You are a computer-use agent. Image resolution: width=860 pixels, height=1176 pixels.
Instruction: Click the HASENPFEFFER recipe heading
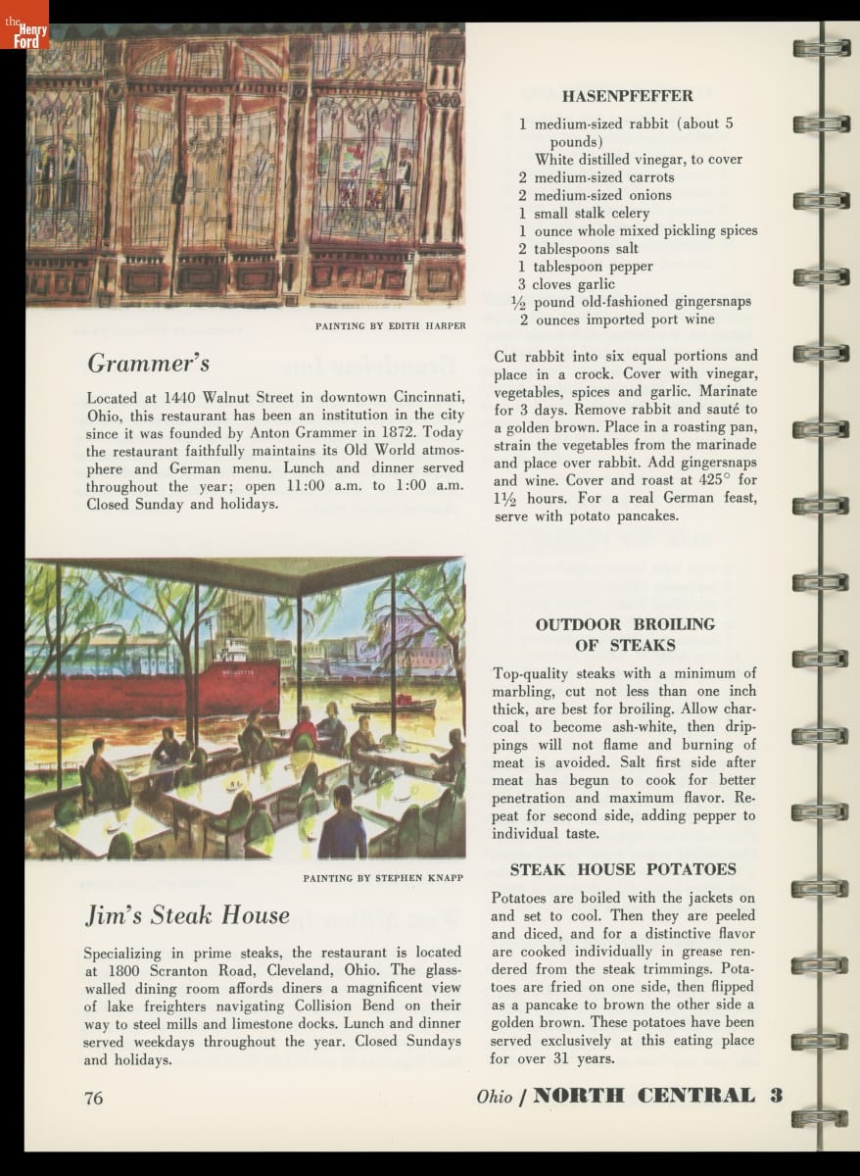click(x=627, y=96)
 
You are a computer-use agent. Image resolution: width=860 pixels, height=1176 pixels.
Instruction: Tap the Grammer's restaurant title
click(x=148, y=364)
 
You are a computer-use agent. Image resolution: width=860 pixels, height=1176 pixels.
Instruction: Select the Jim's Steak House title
click(x=186, y=915)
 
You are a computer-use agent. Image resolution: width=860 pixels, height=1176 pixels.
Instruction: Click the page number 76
click(x=94, y=1098)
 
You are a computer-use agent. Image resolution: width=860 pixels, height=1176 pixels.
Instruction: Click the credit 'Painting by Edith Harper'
click(x=390, y=325)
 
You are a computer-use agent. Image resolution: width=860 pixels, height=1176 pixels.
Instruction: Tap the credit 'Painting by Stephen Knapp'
click(x=383, y=877)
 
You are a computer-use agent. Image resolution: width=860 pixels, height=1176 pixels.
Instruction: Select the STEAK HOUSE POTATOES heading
click(x=623, y=869)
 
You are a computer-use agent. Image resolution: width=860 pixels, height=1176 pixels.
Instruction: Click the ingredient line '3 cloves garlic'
click(x=567, y=284)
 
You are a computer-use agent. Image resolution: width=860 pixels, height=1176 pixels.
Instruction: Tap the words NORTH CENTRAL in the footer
click(x=644, y=1096)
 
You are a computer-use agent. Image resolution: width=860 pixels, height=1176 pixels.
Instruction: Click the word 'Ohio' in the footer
click(x=495, y=1098)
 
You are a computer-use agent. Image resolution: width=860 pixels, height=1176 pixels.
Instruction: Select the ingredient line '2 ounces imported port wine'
click(x=617, y=319)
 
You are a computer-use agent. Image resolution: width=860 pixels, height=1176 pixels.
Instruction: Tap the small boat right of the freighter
click(x=393, y=704)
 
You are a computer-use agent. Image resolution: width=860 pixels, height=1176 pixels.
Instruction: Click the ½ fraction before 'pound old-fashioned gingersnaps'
click(x=519, y=302)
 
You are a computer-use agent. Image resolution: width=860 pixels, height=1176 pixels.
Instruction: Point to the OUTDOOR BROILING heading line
click(x=625, y=624)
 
